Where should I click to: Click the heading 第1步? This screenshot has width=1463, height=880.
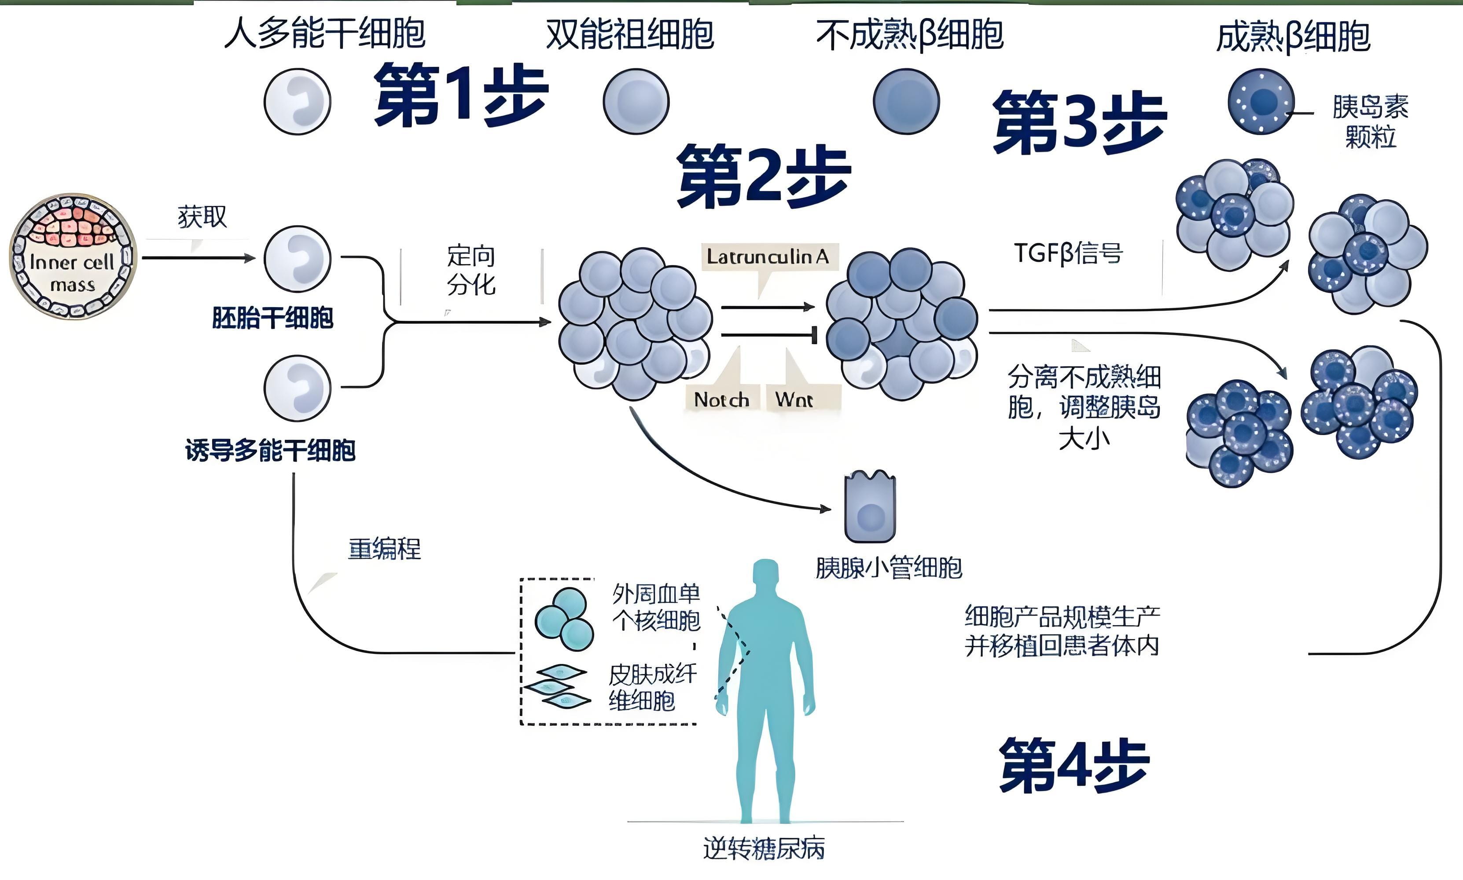[461, 95]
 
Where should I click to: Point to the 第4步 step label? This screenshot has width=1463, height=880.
[1074, 766]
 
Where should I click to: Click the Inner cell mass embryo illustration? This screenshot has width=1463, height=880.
[72, 256]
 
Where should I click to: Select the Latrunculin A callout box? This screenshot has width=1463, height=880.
[769, 257]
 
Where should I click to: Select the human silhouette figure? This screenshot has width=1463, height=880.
[765, 688]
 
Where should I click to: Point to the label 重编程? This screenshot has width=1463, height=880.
[384, 549]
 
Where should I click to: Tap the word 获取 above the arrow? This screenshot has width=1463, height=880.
[202, 217]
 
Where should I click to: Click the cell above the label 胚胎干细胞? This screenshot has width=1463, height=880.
[297, 259]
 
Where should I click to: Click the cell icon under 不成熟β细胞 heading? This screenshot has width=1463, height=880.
[906, 101]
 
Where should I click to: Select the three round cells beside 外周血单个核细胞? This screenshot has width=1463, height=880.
[564, 620]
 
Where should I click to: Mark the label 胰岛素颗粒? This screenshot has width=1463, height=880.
[1370, 121]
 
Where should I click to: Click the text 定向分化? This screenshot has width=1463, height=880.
[471, 271]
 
